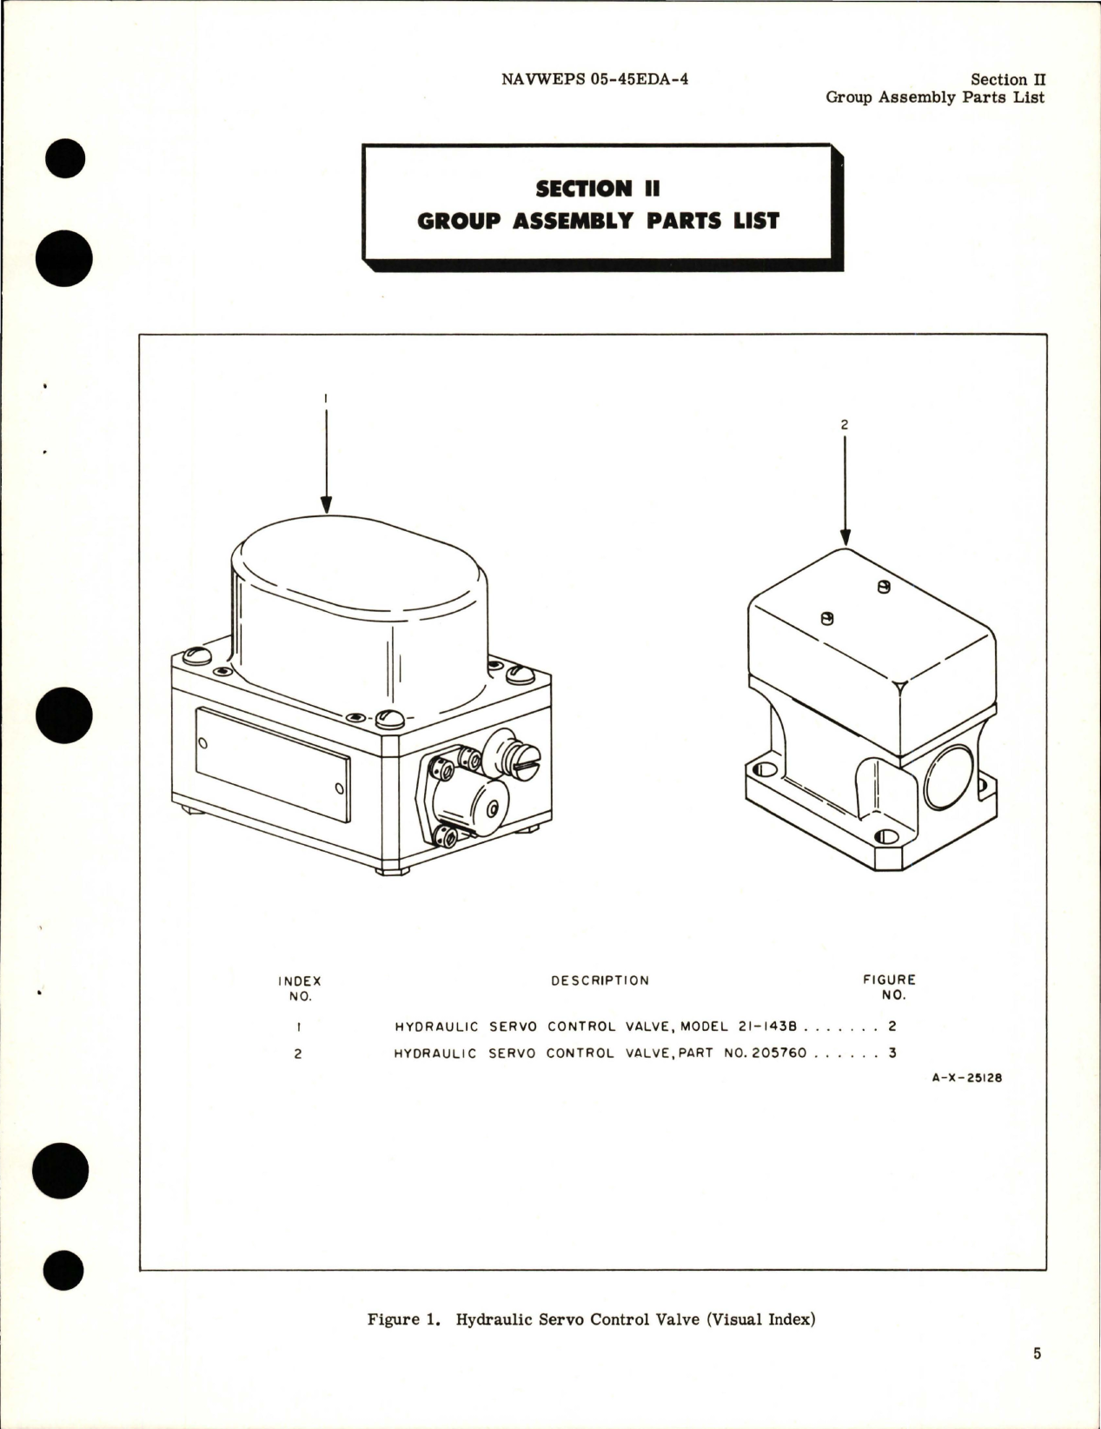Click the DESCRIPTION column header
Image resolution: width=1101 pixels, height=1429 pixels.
tap(600, 980)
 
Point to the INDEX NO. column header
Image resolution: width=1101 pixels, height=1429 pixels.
tap(299, 988)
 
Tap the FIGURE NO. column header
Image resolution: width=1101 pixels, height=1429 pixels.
tap(889, 987)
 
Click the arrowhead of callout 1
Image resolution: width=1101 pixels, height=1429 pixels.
tap(326, 505)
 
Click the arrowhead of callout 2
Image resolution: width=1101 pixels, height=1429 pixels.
tap(845, 538)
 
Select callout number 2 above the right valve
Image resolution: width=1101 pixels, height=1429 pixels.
tap(845, 425)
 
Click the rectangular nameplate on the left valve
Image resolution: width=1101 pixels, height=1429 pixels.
tap(272, 764)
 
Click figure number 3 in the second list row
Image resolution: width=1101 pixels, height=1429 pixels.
tap(892, 1053)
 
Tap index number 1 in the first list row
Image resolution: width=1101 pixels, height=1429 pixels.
tap(299, 1026)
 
